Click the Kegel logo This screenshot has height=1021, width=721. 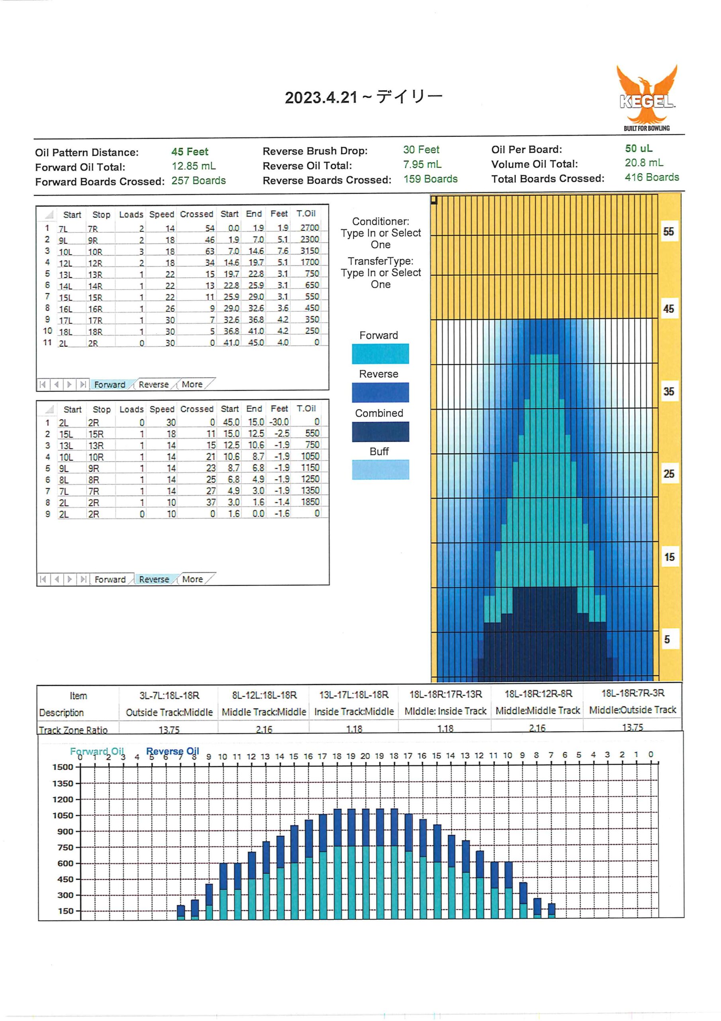(x=647, y=98)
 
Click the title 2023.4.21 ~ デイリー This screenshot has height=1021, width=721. (x=363, y=97)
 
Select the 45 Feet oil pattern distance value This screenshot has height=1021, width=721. (x=190, y=152)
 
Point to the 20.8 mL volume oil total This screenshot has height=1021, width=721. (x=644, y=163)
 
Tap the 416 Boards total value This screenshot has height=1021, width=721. (x=652, y=177)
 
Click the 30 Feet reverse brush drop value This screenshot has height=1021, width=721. (x=421, y=150)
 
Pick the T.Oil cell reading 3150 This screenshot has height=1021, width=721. (x=310, y=250)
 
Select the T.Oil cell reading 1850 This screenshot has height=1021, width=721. (x=310, y=502)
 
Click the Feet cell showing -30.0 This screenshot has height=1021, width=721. (x=279, y=422)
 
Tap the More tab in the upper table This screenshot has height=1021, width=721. (x=192, y=384)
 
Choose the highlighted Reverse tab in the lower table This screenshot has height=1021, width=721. (x=154, y=579)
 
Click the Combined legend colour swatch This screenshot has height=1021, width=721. (x=380, y=432)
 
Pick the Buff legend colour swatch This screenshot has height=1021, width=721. (x=380, y=469)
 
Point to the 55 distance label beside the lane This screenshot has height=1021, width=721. (x=668, y=232)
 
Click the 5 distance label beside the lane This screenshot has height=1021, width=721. (x=667, y=639)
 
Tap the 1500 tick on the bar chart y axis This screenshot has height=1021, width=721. (x=63, y=767)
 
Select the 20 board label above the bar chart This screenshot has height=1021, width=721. (x=365, y=755)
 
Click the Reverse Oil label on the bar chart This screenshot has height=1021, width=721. (x=172, y=751)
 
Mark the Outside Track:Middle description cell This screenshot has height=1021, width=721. (x=169, y=712)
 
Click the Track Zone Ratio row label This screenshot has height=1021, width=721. (x=73, y=730)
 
